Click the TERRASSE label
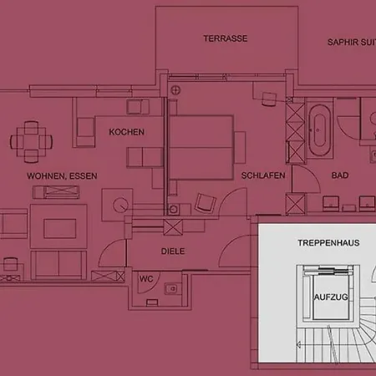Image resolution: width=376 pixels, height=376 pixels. point(226,38)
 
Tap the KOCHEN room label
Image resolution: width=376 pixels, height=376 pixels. point(127,132)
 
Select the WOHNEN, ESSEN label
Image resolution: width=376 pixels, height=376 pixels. point(62,176)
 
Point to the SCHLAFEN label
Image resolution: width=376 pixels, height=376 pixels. point(263,175)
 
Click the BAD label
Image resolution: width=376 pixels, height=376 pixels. point(340,175)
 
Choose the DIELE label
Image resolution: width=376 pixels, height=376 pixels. point(173,252)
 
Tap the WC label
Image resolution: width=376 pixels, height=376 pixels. point(146,279)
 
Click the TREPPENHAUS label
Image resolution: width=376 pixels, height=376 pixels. point(328,243)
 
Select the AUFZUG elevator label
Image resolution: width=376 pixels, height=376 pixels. point(331,297)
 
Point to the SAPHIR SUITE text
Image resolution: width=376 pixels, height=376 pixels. point(352,43)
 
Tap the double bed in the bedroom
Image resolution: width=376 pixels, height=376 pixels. point(201,148)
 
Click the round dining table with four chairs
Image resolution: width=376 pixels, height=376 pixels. point(32,142)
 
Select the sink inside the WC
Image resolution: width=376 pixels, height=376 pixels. point(171,289)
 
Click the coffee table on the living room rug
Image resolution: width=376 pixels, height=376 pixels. point(60,228)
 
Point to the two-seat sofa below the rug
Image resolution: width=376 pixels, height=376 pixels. point(58,265)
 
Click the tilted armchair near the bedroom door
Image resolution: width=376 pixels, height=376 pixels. point(206,202)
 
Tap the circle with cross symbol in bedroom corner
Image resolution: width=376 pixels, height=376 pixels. point(175,90)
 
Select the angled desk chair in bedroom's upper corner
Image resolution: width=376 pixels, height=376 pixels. point(269,99)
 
